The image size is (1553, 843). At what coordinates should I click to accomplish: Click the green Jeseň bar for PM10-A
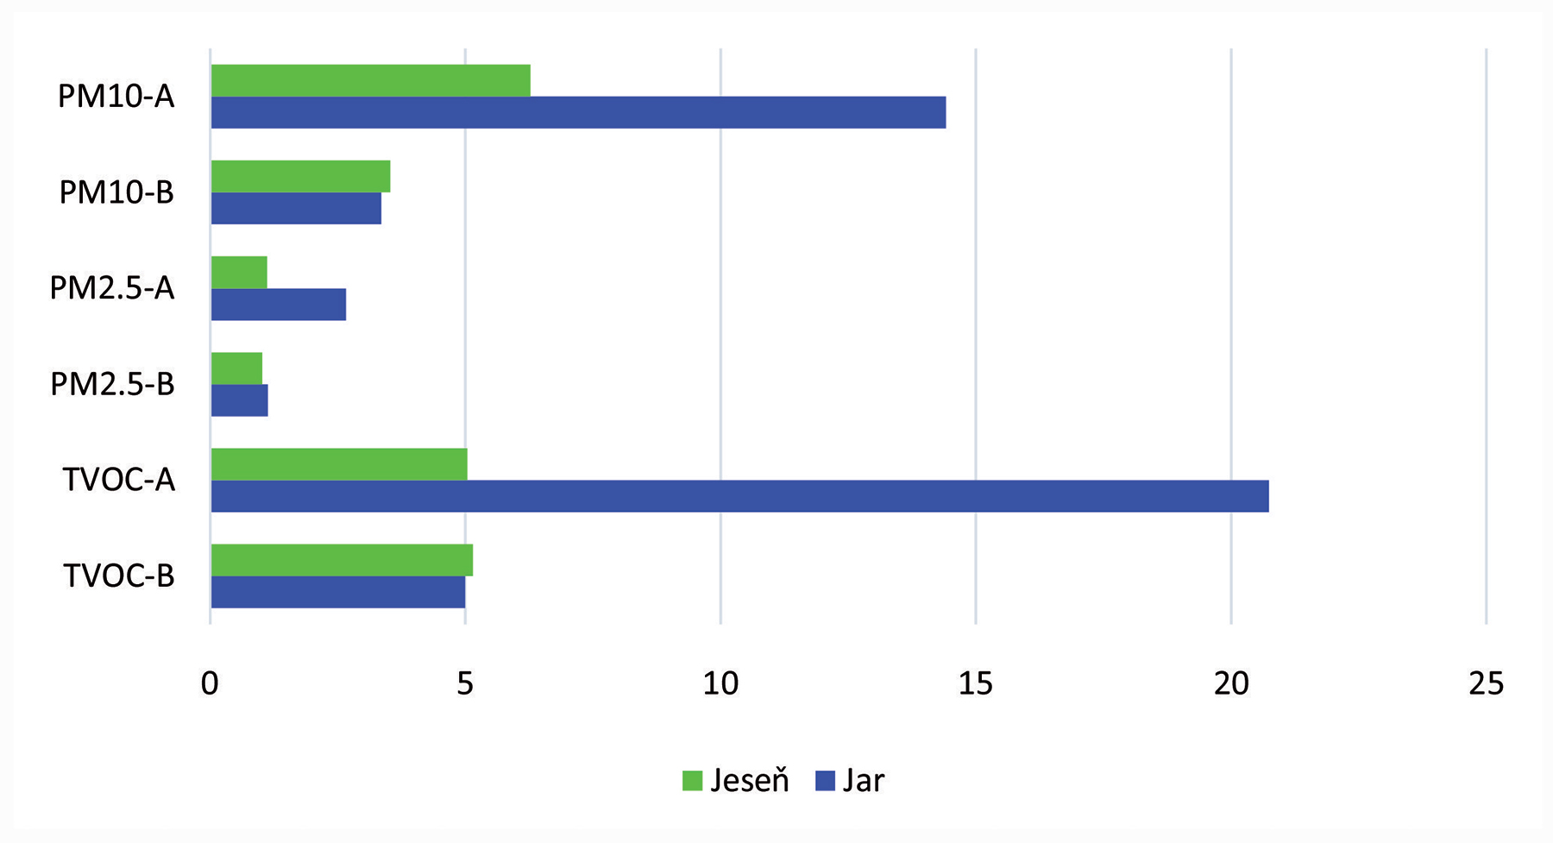tap(370, 80)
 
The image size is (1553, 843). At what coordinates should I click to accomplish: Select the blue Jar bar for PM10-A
tap(578, 112)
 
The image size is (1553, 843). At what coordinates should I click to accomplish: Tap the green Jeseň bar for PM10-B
tap(300, 176)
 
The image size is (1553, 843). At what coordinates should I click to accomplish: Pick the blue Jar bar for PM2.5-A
tap(278, 305)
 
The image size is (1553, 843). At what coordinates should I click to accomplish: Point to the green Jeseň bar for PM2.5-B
tap(236, 368)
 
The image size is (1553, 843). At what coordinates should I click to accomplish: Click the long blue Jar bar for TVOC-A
tap(739, 496)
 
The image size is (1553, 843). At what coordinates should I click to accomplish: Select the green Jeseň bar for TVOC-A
tap(339, 464)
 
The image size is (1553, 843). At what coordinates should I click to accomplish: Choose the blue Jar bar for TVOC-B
tap(338, 592)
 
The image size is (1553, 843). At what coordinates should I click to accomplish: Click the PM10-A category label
tap(116, 96)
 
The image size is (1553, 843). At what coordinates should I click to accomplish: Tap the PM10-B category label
tap(116, 192)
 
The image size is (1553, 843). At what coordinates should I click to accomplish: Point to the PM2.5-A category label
tap(112, 287)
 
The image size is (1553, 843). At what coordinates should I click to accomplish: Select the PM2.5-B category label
tap(112, 384)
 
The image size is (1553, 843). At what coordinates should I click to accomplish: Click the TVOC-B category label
tap(118, 576)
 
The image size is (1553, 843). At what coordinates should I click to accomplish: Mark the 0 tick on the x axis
tap(210, 683)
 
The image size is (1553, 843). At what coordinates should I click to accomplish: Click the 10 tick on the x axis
tap(720, 683)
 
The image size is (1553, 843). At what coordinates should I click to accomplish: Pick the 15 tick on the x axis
tap(976, 683)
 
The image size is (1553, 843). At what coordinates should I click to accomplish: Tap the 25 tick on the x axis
tap(1486, 683)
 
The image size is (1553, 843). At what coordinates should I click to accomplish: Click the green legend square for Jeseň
tap(692, 781)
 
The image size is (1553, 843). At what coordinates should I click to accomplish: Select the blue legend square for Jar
tap(825, 781)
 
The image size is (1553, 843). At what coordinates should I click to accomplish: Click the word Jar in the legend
tap(863, 780)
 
